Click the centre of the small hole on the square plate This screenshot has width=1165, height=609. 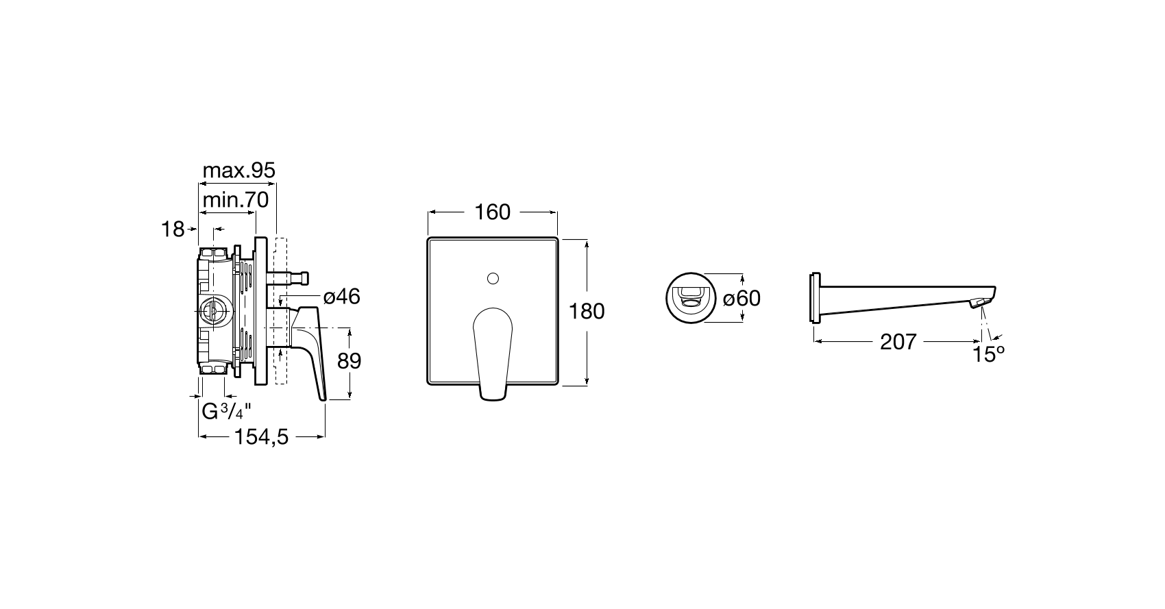[493, 279]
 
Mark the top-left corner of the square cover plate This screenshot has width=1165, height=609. [428, 238]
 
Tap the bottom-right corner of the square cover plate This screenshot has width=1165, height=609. [558, 384]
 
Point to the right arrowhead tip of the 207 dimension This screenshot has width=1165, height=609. [981, 342]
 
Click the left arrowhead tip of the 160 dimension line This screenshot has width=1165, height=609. [428, 212]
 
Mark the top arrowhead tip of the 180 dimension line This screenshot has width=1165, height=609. [587, 240]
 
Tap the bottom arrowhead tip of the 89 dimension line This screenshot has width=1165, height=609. [349, 399]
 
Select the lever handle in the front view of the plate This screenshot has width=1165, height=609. [493, 353]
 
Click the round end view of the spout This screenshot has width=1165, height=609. [691, 298]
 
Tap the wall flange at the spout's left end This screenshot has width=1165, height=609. [815, 298]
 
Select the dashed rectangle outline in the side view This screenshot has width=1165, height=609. [280, 311]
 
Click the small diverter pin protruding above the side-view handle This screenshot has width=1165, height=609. [288, 278]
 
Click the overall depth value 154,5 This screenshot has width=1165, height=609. [262, 437]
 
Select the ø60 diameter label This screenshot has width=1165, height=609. [741, 299]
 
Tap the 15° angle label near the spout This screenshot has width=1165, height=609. [989, 354]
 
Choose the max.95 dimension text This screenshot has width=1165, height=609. [238, 171]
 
